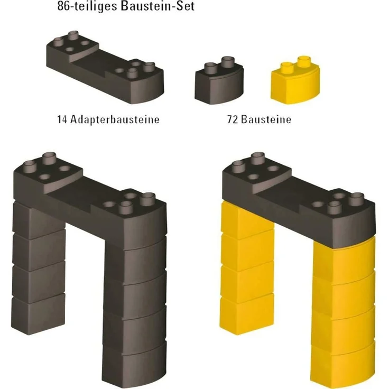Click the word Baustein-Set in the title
click(x=158, y=6)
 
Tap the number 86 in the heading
click(x=62, y=6)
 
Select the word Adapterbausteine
click(x=115, y=119)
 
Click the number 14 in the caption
click(x=62, y=119)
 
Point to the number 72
click(x=233, y=119)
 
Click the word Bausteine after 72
click(x=266, y=119)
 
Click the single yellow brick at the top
click(x=295, y=80)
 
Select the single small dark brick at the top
click(x=219, y=80)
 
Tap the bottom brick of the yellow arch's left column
click(x=247, y=314)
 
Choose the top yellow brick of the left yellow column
click(x=247, y=219)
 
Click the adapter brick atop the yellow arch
click(x=299, y=199)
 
